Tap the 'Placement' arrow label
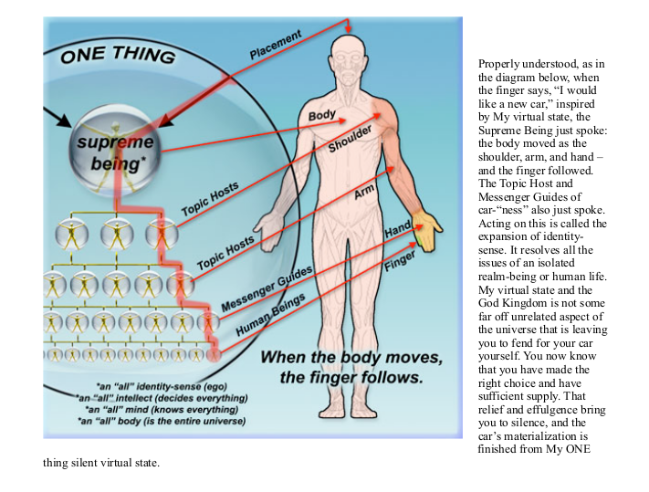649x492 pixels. (275, 44)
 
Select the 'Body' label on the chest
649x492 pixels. (322, 116)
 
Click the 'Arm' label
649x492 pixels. (365, 195)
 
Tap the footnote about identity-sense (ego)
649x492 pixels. (162, 387)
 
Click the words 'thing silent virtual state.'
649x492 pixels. (101, 462)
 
